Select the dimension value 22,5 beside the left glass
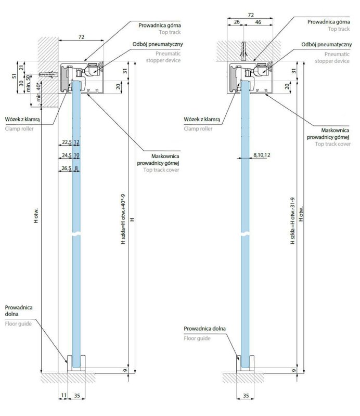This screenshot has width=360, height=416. point(66,142)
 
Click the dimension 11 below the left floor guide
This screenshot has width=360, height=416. point(63,396)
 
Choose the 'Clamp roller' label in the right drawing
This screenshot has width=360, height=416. point(198,128)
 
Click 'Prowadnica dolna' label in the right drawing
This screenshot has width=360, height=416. point(204,329)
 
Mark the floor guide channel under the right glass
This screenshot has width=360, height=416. point(245,364)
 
